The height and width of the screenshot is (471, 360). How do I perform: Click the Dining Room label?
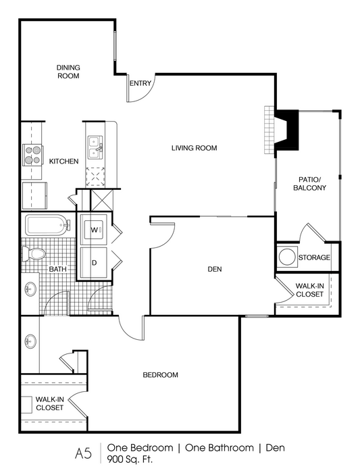click(x=68, y=72)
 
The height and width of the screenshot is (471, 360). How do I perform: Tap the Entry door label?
click(x=140, y=84)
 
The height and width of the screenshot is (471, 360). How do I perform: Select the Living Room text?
click(x=195, y=148)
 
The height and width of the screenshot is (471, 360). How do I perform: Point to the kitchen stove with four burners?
click(x=32, y=155)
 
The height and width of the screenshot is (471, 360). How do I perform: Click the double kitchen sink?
click(x=95, y=147)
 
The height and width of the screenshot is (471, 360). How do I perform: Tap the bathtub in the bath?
click(x=48, y=224)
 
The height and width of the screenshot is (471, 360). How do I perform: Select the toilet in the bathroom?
click(x=34, y=254)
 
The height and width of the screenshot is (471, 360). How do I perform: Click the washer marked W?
click(x=95, y=230)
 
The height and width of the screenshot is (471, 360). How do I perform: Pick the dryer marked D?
click(x=95, y=263)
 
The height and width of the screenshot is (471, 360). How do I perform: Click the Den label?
click(x=215, y=269)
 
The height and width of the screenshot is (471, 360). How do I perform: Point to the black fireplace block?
click(x=287, y=130)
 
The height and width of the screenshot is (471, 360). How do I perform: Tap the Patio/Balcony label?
click(x=309, y=184)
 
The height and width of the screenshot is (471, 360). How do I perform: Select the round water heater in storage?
click(x=287, y=257)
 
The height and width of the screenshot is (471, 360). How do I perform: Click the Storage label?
click(x=314, y=257)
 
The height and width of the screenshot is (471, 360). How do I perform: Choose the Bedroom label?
click(x=160, y=374)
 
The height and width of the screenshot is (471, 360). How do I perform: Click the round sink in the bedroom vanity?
click(x=30, y=341)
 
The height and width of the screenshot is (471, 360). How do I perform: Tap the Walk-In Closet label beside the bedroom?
click(x=50, y=403)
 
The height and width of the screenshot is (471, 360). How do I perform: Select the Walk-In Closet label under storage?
click(x=309, y=290)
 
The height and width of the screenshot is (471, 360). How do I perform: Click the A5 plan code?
click(x=83, y=453)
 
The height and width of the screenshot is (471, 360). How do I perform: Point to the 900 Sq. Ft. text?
click(x=130, y=460)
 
